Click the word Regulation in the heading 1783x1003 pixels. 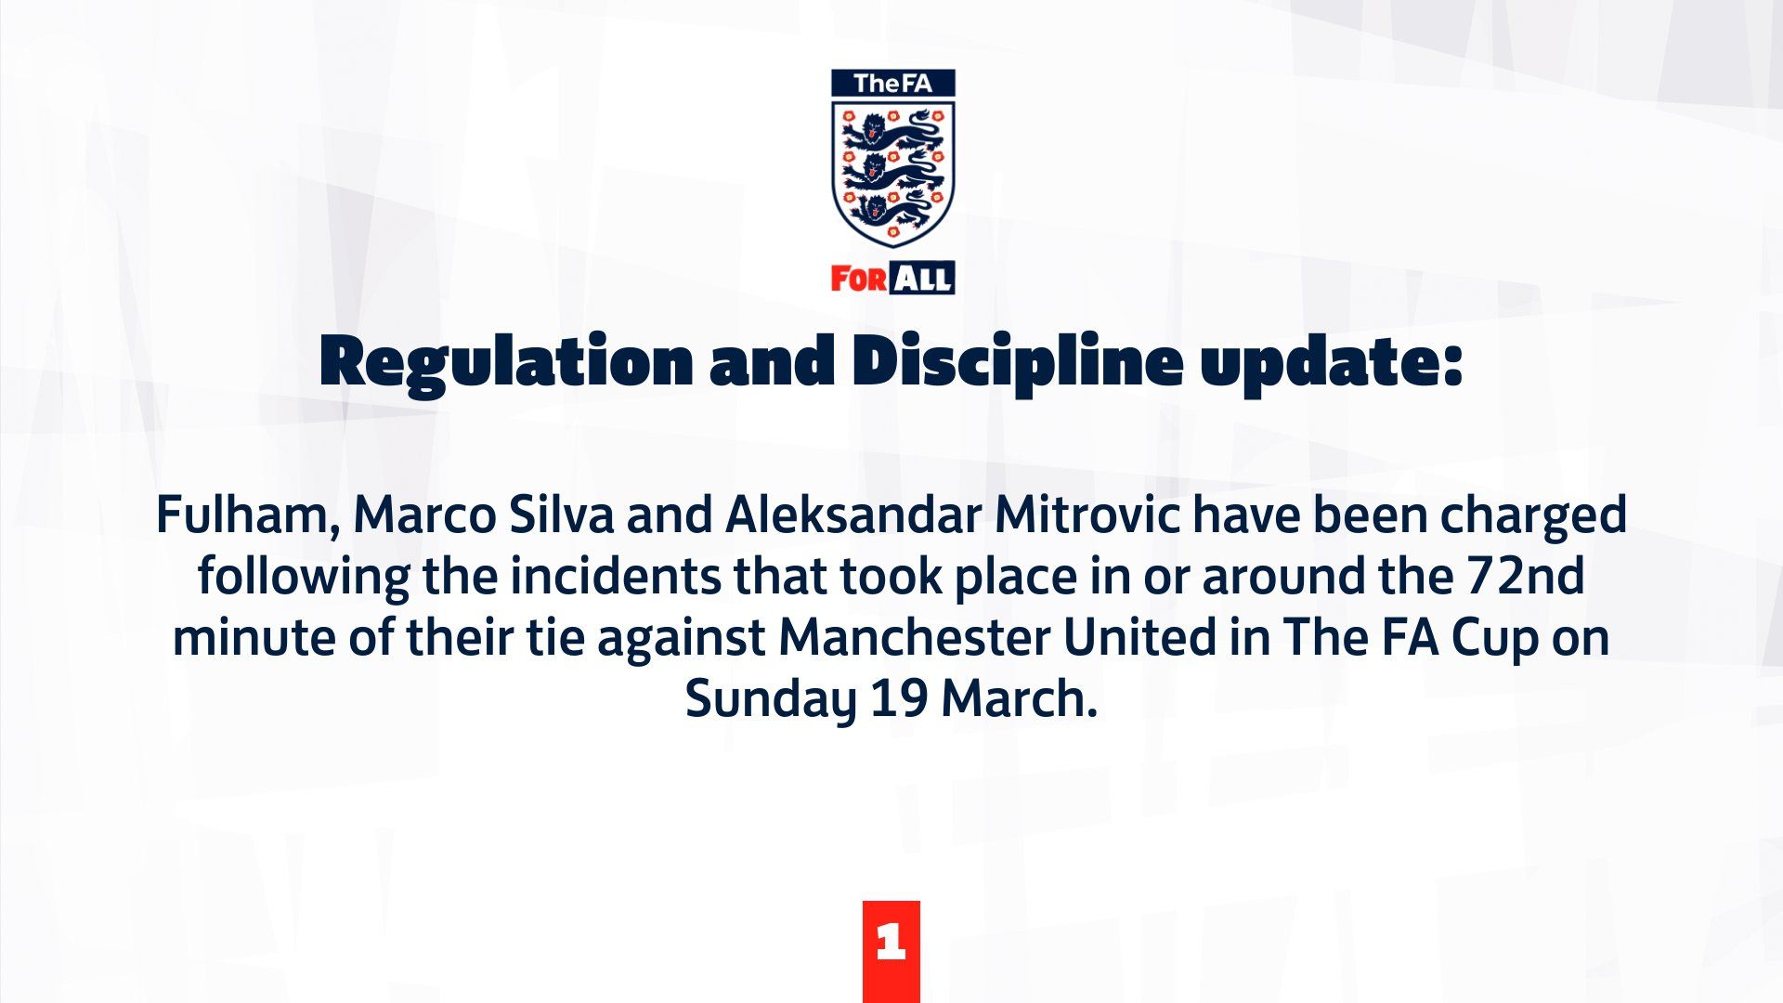(x=505, y=364)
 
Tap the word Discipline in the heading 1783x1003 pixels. (x=1017, y=364)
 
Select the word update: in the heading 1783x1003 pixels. (x=1332, y=364)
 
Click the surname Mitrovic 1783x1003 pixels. (x=1087, y=515)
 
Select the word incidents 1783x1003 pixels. (x=615, y=576)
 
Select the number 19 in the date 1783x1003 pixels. (x=899, y=699)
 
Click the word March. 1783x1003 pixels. (x=1020, y=698)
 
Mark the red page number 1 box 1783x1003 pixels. (x=891, y=951)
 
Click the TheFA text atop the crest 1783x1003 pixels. (x=892, y=84)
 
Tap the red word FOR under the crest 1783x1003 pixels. (x=859, y=280)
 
